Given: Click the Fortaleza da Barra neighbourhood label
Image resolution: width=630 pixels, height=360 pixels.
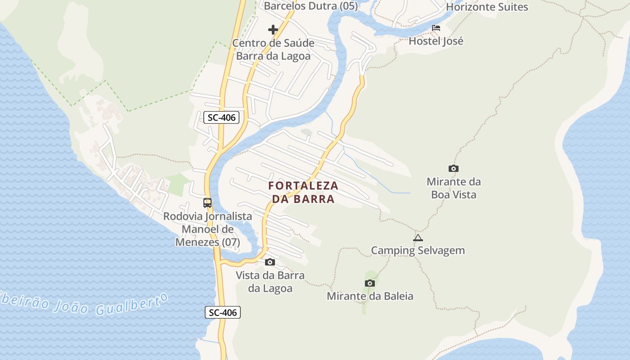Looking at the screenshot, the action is pyautogui.click(x=303, y=192).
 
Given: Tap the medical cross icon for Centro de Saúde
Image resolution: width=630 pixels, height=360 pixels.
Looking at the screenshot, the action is pyautogui.click(x=273, y=30).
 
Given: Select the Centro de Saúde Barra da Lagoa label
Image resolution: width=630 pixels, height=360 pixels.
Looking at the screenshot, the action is pyautogui.click(x=273, y=49).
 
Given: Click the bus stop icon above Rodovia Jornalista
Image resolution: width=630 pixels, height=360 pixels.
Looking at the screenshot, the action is pyautogui.click(x=207, y=202).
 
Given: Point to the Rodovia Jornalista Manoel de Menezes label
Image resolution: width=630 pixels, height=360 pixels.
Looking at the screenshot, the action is pyautogui.click(x=207, y=229).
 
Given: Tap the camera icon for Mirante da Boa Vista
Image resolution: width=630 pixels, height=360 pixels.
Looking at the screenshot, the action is pyautogui.click(x=454, y=168).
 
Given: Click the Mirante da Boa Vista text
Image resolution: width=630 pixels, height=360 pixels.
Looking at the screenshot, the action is pyautogui.click(x=454, y=188).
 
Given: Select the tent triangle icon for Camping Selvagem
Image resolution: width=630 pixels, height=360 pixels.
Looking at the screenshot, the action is pyautogui.click(x=418, y=238).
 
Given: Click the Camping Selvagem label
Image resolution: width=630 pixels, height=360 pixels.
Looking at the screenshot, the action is pyautogui.click(x=418, y=250).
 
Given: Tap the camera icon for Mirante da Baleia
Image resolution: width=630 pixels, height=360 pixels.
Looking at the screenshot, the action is pyautogui.click(x=370, y=283).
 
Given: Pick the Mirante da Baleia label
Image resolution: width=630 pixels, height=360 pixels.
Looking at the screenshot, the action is pyautogui.click(x=370, y=296).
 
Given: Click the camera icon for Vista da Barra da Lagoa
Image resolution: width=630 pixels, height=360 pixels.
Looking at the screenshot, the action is pyautogui.click(x=270, y=262).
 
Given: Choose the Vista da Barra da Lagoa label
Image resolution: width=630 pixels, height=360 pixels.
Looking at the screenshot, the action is pyautogui.click(x=270, y=282).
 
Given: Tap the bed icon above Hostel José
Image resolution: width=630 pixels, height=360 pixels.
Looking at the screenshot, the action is pyautogui.click(x=436, y=28).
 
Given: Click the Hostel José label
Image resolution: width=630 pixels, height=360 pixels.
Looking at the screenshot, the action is pyautogui.click(x=436, y=41).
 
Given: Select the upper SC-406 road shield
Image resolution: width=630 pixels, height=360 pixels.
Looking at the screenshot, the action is pyautogui.click(x=221, y=118).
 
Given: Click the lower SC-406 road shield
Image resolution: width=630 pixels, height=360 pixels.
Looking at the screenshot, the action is pyautogui.click(x=223, y=312).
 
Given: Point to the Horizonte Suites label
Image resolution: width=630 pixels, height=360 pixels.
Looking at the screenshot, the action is pyautogui.click(x=487, y=7).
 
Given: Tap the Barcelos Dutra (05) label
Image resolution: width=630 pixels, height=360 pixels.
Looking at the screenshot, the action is pyautogui.click(x=310, y=6).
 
